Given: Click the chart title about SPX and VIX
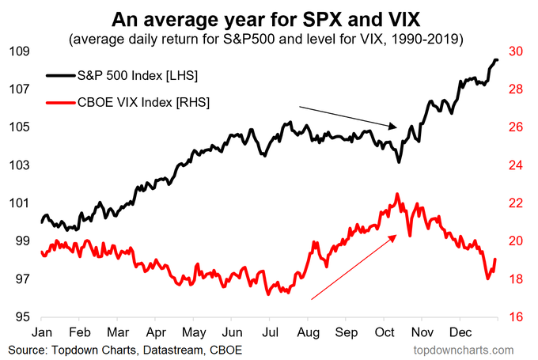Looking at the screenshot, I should tap(269, 18).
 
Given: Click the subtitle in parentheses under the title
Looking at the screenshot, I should tap(268, 38).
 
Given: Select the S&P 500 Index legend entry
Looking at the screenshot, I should tap(134, 74).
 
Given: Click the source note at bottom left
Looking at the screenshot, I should tap(125, 349).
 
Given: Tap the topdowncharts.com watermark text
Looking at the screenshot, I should tap(468, 349).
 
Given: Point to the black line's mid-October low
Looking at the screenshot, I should tap(399, 162).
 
